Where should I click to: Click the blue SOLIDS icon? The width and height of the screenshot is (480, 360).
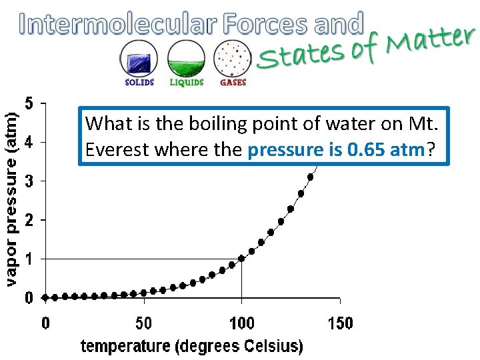point(139,59)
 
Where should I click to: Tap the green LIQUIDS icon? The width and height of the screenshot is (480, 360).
point(186,59)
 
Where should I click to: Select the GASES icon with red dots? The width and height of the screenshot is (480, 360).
point(233,59)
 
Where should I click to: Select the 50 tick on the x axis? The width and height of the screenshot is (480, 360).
point(143,324)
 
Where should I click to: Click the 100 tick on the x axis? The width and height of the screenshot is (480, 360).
point(241,324)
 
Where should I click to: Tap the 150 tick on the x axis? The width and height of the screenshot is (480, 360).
point(340,324)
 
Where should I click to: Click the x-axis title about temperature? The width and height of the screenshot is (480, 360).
point(192,346)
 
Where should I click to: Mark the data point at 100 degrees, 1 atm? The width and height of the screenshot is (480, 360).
point(241,259)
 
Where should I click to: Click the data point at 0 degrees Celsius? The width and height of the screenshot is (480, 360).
point(45,297)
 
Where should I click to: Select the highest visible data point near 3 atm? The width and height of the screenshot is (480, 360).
point(310,177)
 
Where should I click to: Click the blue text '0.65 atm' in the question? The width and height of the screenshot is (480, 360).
point(386,150)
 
